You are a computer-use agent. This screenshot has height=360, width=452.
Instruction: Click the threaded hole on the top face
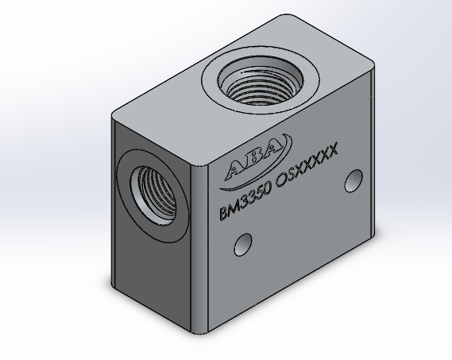pyautogui.click(x=260, y=79)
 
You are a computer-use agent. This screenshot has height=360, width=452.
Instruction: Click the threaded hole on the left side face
pyautogui.click(x=153, y=195)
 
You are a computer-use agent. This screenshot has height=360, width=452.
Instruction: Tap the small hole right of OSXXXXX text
pyautogui.click(x=353, y=181)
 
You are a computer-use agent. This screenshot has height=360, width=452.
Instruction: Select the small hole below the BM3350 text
pyautogui.click(x=243, y=245)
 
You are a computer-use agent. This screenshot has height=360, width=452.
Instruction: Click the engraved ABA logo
pyautogui.click(x=256, y=161)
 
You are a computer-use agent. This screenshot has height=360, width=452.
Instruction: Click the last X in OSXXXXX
pyautogui.click(x=332, y=150)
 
